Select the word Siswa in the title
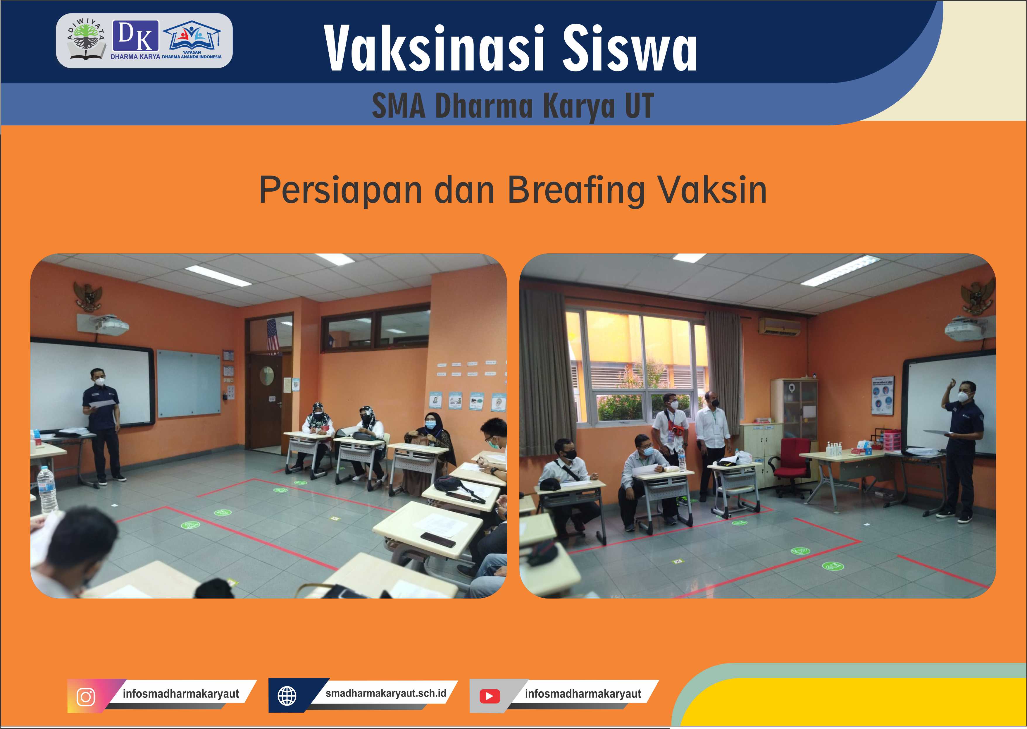(x=630, y=49)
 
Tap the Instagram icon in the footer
(x=86, y=697)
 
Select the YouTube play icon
(x=489, y=696)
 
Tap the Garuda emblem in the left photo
(x=88, y=296)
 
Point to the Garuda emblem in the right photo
(x=978, y=296)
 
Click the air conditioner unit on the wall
(x=779, y=326)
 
